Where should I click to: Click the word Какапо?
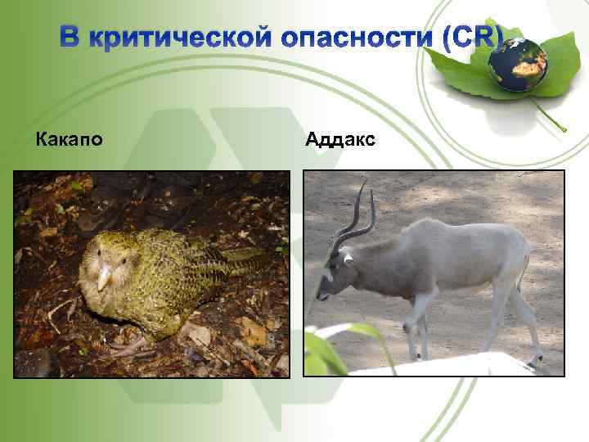pos(70,140)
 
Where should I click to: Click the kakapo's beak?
pos(105,277)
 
